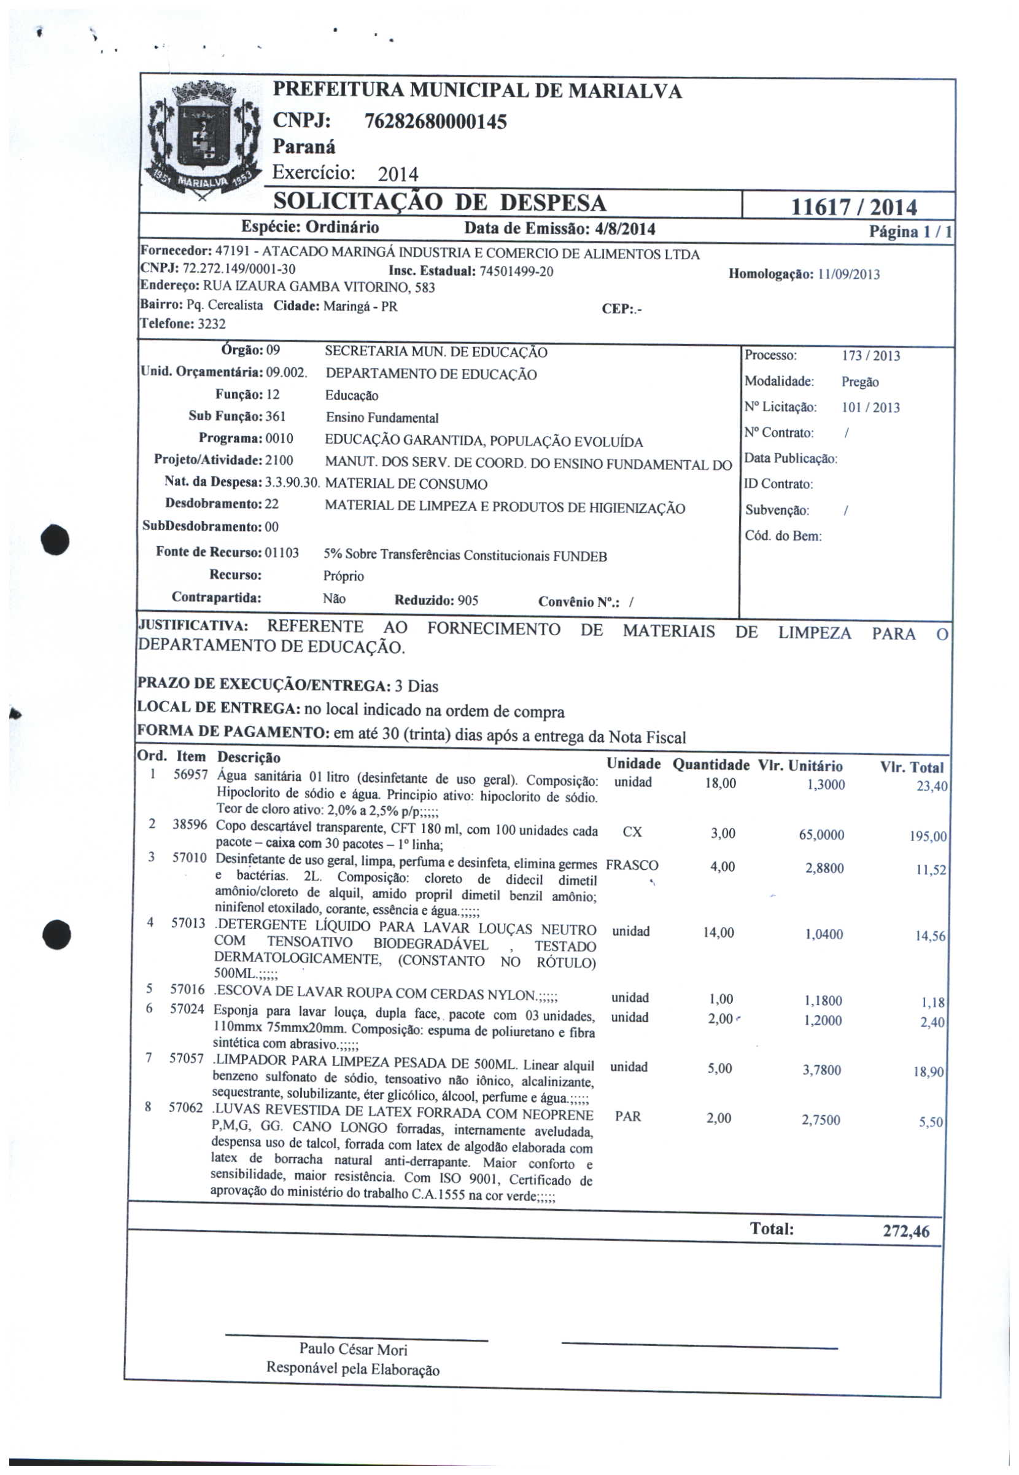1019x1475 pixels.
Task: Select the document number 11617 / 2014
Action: [854, 207]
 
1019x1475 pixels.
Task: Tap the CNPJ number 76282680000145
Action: [435, 122]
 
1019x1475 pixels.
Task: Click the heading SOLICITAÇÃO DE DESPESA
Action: [440, 203]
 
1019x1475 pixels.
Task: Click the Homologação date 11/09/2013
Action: [848, 275]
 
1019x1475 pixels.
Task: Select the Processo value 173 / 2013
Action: [871, 356]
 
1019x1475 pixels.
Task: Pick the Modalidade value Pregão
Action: [860, 382]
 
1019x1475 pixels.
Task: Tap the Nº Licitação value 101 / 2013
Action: [871, 407]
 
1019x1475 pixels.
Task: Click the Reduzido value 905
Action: [468, 600]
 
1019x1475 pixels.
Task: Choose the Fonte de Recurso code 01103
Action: [282, 552]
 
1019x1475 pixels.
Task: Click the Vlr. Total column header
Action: [911, 767]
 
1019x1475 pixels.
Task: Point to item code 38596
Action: [190, 824]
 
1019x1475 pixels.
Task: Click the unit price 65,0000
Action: [821, 835]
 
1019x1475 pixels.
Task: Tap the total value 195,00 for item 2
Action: [928, 837]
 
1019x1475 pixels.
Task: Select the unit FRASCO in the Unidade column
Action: [632, 866]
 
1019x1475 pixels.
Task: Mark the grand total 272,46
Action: [906, 1231]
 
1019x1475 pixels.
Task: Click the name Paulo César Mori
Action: [353, 1349]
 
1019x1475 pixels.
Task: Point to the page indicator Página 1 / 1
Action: [910, 232]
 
